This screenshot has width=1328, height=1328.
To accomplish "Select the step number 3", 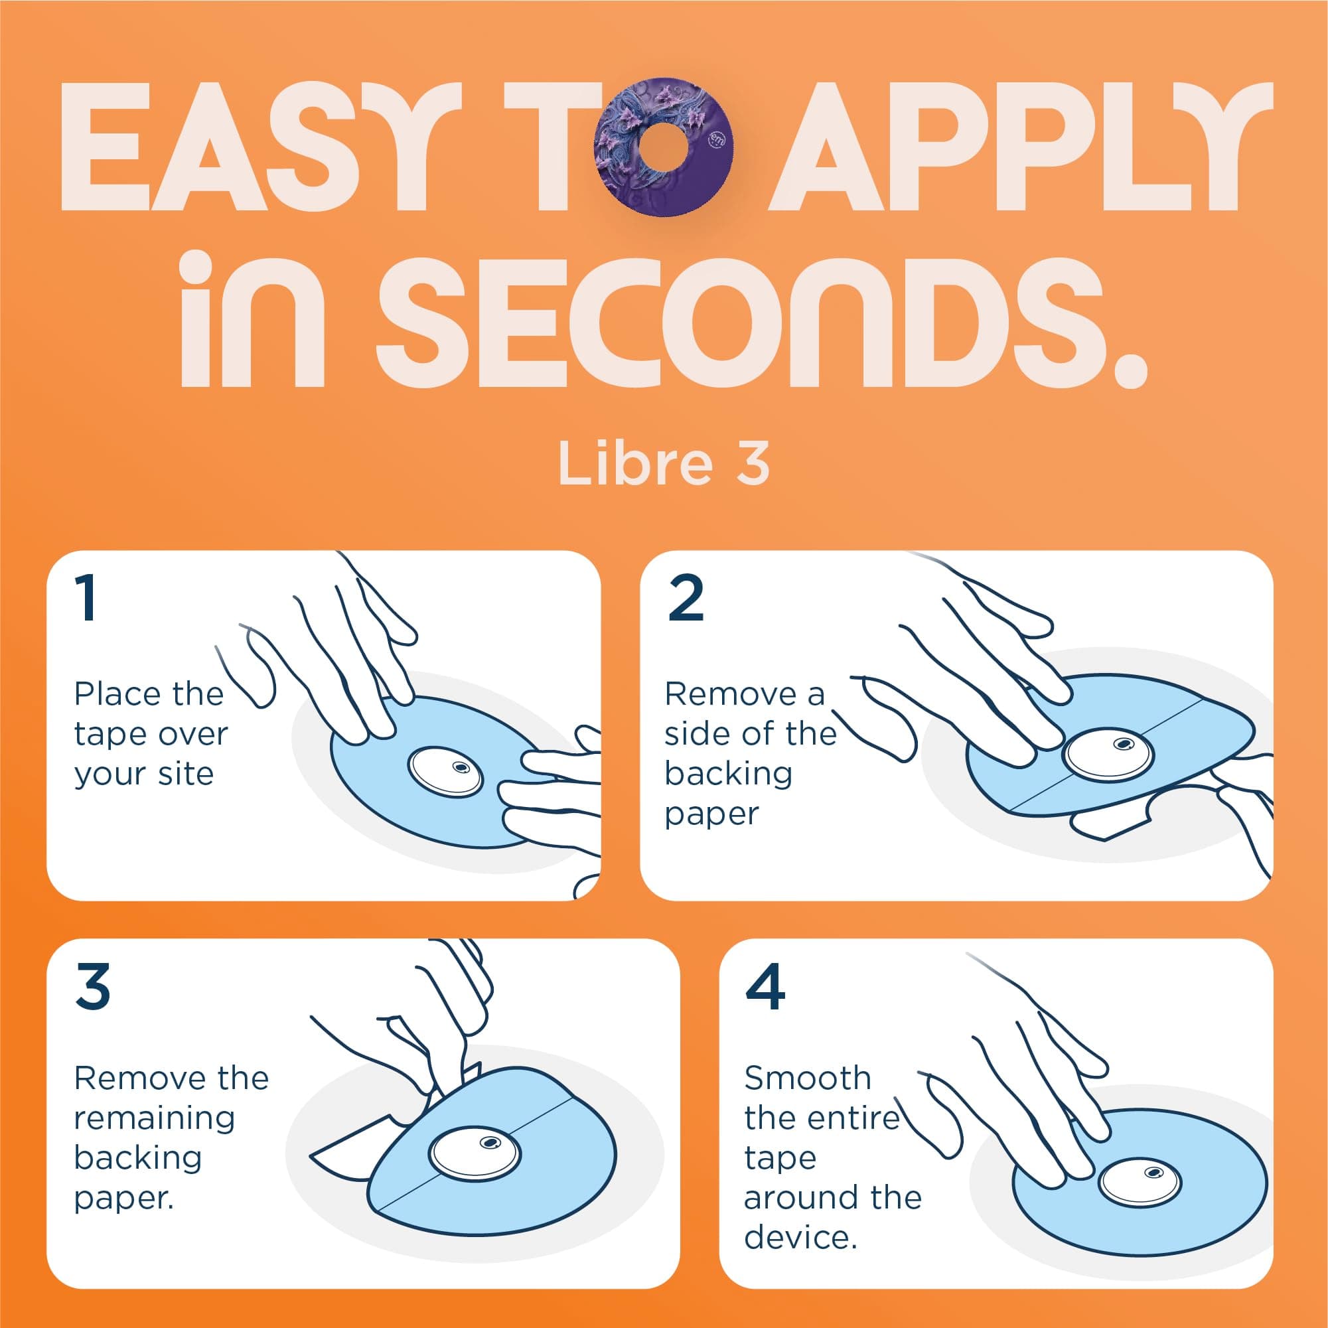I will pos(93,987).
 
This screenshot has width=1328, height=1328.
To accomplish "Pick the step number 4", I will pos(765,987).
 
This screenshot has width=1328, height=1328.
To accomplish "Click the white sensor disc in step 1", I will pos(445,771).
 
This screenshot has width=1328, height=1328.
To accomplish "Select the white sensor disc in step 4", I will pos(1139,1181).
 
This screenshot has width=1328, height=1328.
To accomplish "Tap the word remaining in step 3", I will pos(154,1118).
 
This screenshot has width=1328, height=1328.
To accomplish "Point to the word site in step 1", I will pos(185,775).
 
